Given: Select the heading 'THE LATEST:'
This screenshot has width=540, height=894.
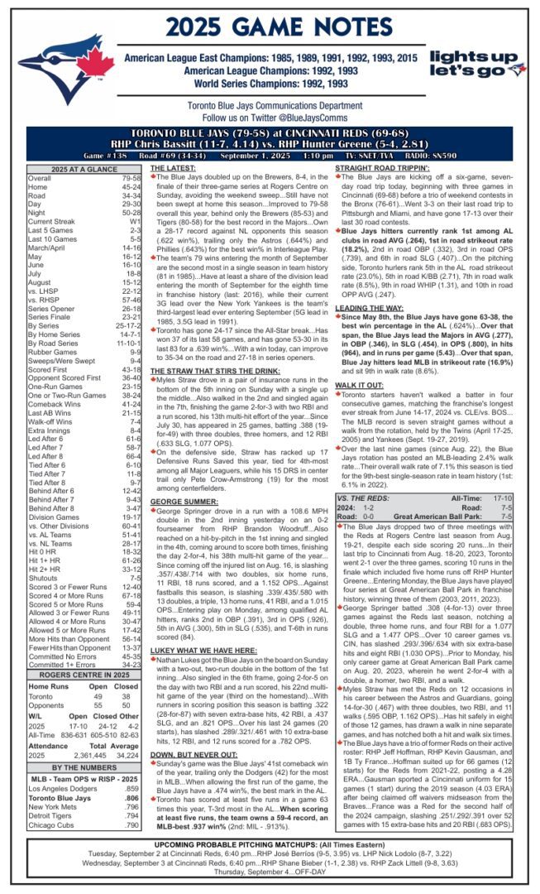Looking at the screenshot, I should point(173,168).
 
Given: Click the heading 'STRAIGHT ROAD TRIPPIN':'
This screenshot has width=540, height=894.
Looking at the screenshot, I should point(381,168).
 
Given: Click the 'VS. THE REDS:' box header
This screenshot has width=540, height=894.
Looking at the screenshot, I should point(365,497).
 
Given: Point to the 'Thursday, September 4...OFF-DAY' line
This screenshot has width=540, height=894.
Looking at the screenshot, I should point(270,882).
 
